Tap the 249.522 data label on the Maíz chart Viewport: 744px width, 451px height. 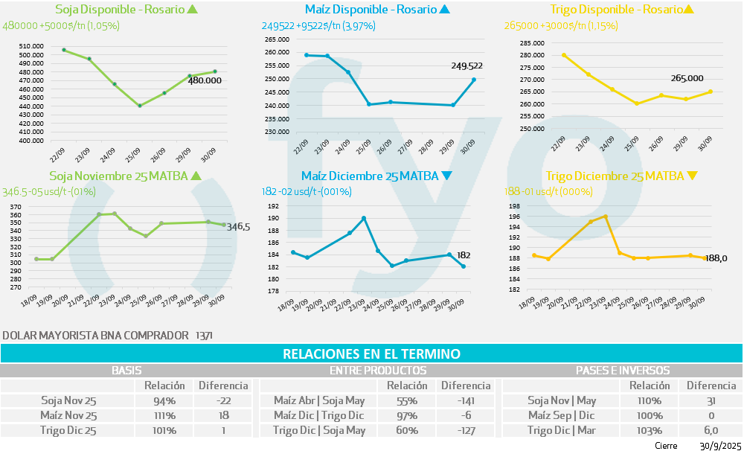click(466, 65)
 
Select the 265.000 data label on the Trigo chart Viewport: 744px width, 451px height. click(687, 78)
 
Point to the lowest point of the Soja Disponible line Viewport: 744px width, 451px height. click(139, 106)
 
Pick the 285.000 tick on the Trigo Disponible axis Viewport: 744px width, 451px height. click(529, 44)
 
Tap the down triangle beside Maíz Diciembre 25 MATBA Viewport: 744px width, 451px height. click(446, 176)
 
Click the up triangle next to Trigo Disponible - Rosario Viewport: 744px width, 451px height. click(688, 10)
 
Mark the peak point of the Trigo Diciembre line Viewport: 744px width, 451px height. click(606, 217)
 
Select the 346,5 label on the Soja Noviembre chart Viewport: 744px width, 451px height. click(238, 227)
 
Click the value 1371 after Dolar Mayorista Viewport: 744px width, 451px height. click(204, 336)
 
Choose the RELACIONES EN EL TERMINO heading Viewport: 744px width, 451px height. click(371, 354)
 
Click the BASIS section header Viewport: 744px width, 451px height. click(126, 370)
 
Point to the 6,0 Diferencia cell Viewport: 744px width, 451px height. click(711, 430)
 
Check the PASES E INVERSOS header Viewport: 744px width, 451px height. click(623, 370)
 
